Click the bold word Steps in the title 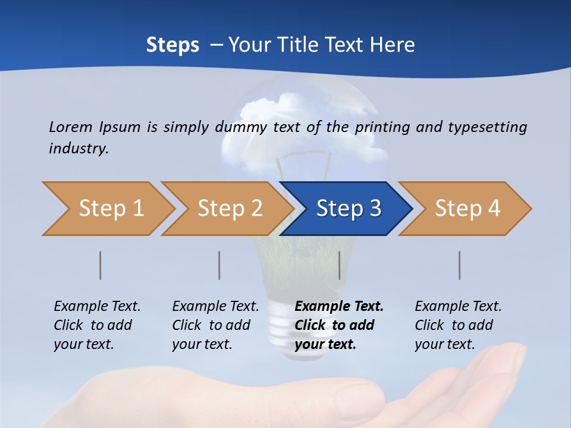pyautogui.click(x=172, y=45)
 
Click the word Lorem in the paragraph pyautogui.click(x=71, y=127)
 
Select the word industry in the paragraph pyautogui.click(x=78, y=148)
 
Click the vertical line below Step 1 pyautogui.click(x=101, y=265)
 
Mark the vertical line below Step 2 pyautogui.click(x=219, y=265)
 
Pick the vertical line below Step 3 pyautogui.click(x=339, y=265)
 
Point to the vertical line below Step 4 pyautogui.click(x=460, y=265)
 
